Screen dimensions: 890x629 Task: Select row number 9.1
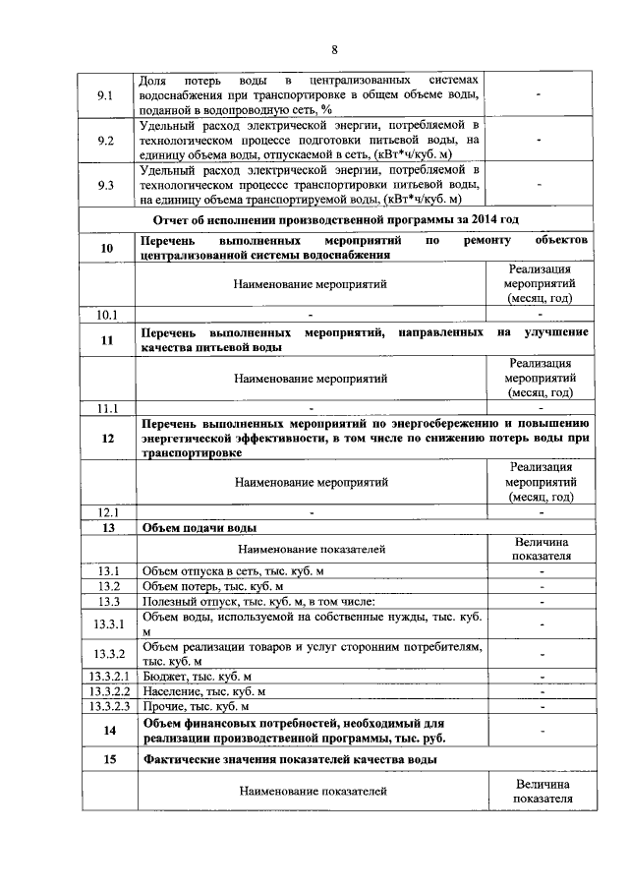click(107, 95)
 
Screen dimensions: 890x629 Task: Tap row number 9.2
click(107, 140)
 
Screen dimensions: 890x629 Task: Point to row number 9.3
click(107, 185)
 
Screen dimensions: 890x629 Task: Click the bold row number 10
click(107, 248)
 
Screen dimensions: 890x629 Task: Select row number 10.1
click(107, 315)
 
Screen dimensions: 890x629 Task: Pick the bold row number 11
click(107, 340)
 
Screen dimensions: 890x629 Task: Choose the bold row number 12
click(107, 439)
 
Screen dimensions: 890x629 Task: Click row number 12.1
click(107, 512)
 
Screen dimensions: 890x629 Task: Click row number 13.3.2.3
click(107, 706)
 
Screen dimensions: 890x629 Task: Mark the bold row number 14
click(107, 730)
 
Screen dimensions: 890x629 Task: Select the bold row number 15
click(107, 760)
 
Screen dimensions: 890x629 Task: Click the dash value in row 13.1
click(541, 571)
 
